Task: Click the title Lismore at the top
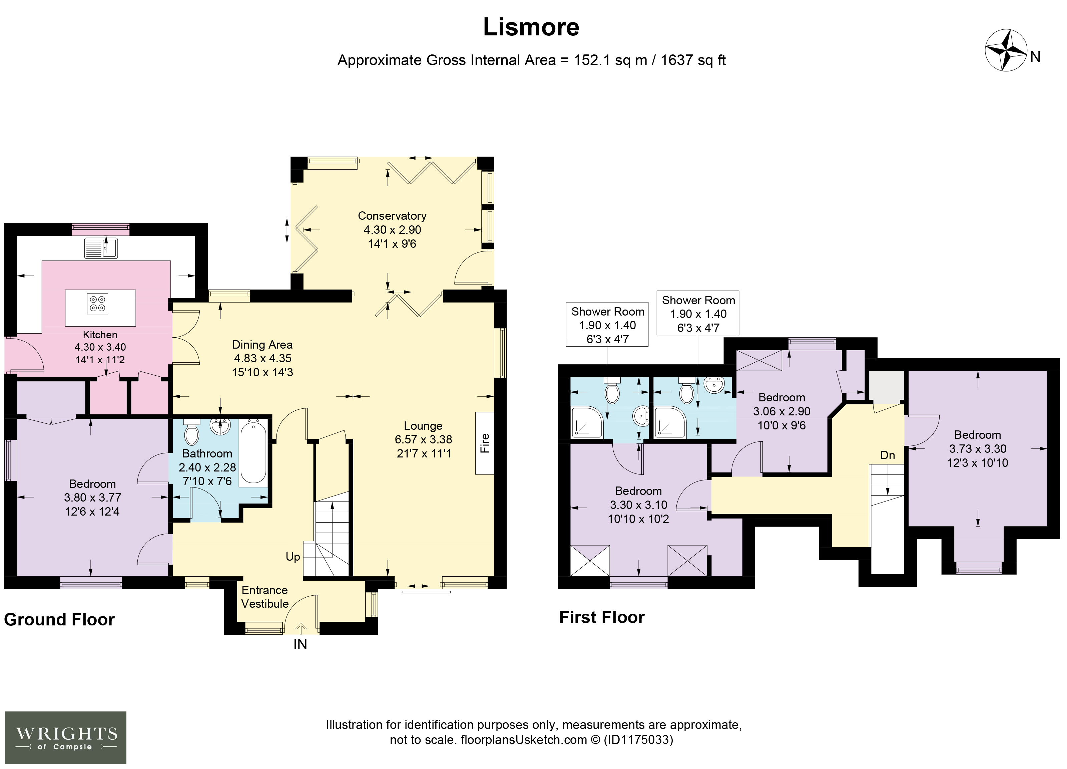click(x=531, y=27)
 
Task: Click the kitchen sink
click(x=101, y=248)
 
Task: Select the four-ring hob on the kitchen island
click(x=97, y=303)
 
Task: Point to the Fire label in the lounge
click(x=485, y=443)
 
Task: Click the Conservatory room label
click(x=392, y=216)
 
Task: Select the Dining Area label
click(x=262, y=345)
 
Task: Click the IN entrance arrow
click(x=301, y=628)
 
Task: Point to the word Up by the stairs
click(x=293, y=557)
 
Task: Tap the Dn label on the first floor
click(x=887, y=455)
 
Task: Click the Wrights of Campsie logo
click(x=65, y=738)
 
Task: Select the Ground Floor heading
click(x=59, y=619)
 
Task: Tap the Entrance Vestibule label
click(x=265, y=597)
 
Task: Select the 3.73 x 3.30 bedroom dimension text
click(x=977, y=449)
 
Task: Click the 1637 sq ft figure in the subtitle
click(x=693, y=60)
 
